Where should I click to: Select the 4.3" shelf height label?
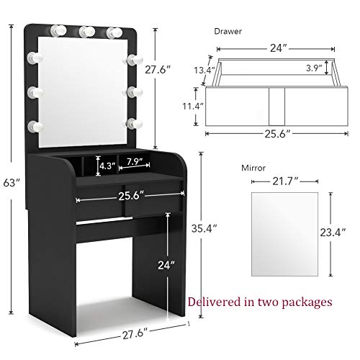[107, 165]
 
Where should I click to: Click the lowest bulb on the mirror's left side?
[33, 126]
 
